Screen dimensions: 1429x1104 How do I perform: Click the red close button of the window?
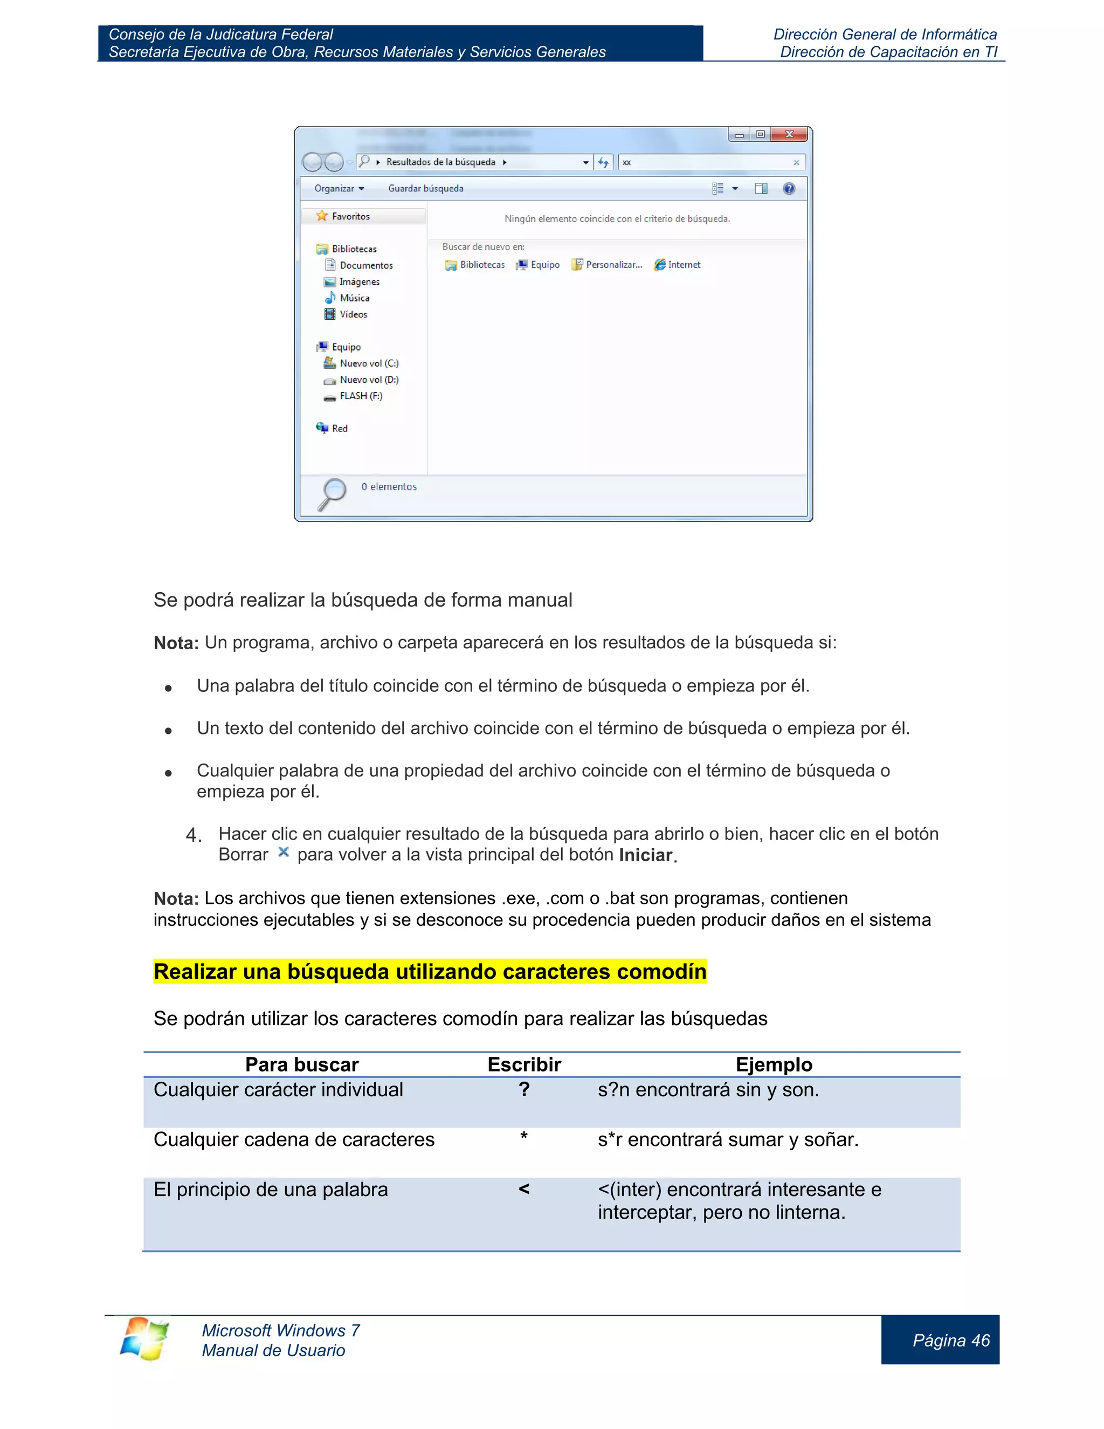pyautogui.click(x=789, y=134)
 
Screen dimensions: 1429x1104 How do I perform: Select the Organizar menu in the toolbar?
pyautogui.click(x=339, y=188)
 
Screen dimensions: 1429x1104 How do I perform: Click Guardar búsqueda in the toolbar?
pyautogui.click(x=426, y=188)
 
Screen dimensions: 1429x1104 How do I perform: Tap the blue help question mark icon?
pyautogui.click(x=789, y=188)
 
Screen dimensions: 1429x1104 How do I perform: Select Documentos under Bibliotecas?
pyautogui.click(x=365, y=265)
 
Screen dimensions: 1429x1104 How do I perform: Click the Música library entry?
pyautogui.click(x=354, y=298)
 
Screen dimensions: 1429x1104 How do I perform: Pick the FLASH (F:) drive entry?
pyautogui.click(x=361, y=396)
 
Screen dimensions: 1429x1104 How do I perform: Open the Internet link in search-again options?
pyautogui.click(x=684, y=264)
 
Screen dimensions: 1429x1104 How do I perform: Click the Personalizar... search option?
pyautogui.click(x=613, y=264)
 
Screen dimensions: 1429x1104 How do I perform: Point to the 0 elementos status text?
pyautogui.click(x=389, y=487)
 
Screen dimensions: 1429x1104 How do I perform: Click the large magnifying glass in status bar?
pyautogui.click(x=332, y=493)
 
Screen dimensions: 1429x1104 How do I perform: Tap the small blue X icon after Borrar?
pyautogui.click(x=283, y=852)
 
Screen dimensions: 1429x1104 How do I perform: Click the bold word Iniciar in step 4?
pyautogui.click(x=645, y=855)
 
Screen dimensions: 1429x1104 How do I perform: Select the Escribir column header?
pyautogui.click(x=524, y=1064)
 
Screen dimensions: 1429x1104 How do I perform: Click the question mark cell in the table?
pyautogui.click(x=524, y=1090)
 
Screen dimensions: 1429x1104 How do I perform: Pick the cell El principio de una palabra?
pyautogui.click(x=270, y=1190)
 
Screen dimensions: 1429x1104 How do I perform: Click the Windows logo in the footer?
pyautogui.click(x=144, y=1338)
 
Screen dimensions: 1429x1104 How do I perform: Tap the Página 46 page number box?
pyautogui.click(x=951, y=1341)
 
